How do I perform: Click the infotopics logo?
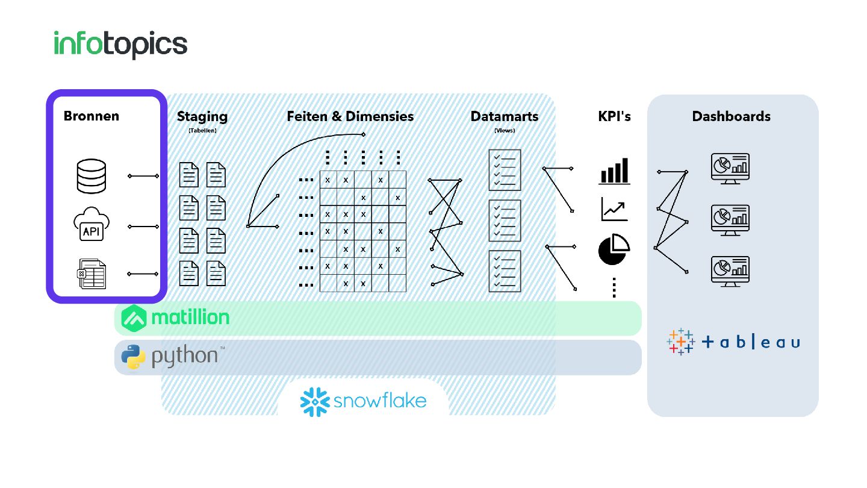120,44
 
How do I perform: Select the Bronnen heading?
92,116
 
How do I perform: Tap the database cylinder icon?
92,176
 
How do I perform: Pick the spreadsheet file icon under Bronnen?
92,274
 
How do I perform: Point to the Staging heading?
202,116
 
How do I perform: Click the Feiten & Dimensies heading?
350,116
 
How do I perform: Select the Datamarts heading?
505,116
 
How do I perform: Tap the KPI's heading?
614,116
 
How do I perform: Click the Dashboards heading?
731,116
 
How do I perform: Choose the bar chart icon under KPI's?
614,170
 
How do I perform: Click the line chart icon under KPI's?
614,209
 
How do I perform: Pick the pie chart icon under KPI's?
614,250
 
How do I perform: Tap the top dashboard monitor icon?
730,168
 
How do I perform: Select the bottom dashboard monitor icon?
730,271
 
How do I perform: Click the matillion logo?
176,318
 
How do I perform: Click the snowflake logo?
363,401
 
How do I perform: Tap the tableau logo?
733,342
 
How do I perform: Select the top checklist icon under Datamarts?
505,170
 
